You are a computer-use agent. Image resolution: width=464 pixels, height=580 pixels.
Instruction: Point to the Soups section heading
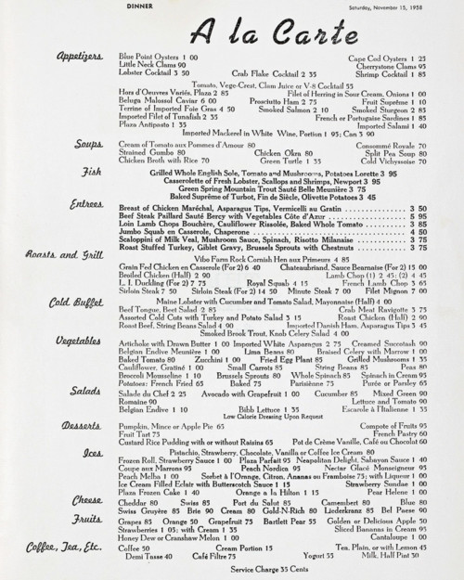click(x=89, y=145)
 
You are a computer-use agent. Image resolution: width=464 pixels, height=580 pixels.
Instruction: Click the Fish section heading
click(x=92, y=172)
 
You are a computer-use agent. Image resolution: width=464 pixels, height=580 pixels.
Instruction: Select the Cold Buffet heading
click(x=75, y=301)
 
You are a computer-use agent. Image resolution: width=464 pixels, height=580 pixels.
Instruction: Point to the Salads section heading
click(x=86, y=392)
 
